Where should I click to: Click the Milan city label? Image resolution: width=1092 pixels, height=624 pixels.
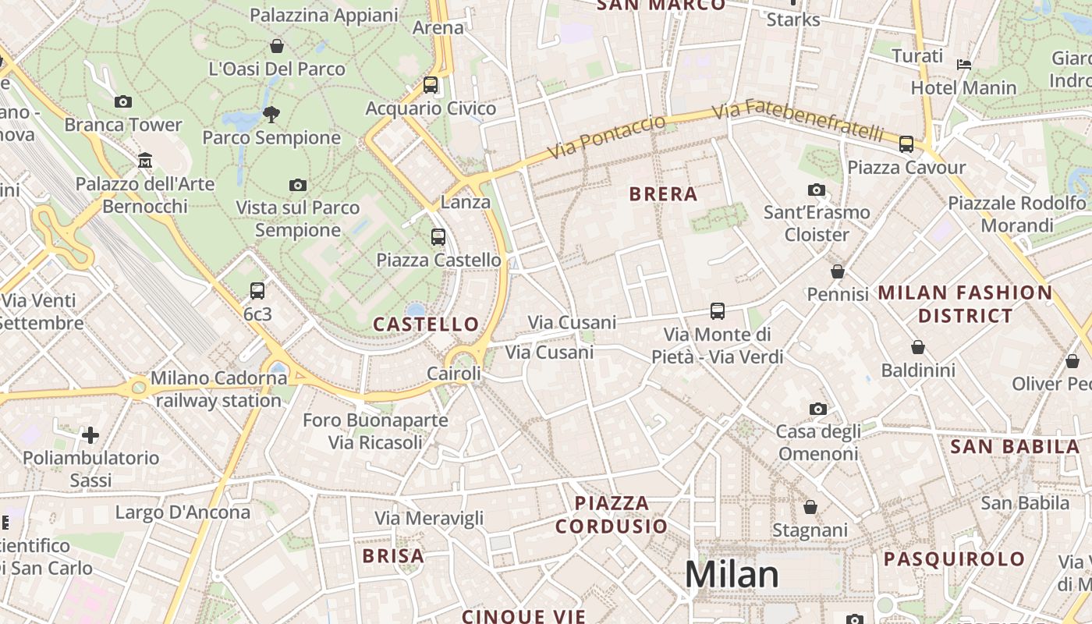point(732,575)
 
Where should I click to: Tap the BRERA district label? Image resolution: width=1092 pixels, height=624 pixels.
point(663,194)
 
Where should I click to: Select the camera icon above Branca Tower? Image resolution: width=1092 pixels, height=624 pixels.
point(123,101)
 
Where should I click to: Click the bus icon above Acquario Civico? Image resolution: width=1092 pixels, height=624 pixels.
point(431,85)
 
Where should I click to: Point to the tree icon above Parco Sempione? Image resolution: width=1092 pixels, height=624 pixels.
point(271,115)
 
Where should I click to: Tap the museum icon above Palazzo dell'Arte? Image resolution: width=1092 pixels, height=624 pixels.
point(144,161)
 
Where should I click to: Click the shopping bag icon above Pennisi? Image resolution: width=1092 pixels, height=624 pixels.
point(838,271)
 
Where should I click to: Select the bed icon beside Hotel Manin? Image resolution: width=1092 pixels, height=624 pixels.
point(964,64)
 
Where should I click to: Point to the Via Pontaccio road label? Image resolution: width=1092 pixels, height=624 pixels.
point(607,137)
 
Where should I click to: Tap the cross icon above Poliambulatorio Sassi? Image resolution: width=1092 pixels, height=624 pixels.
point(90,434)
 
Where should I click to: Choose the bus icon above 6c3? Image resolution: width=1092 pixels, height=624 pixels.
point(257,291)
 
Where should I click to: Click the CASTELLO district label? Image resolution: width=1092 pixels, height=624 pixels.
point(426,324)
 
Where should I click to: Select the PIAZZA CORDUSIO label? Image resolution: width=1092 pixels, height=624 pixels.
point(612,514)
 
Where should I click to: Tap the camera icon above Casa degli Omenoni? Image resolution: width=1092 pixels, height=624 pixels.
point(818,409)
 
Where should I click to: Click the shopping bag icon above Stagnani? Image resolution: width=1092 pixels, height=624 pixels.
point(810,508)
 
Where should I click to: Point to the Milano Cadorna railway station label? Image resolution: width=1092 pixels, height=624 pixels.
point(218,389)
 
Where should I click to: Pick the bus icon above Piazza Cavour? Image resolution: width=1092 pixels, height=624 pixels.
point(906,144)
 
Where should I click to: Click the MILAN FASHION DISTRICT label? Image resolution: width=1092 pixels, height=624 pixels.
point(966,304)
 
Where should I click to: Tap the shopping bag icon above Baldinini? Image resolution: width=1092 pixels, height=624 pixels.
point(918,346)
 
